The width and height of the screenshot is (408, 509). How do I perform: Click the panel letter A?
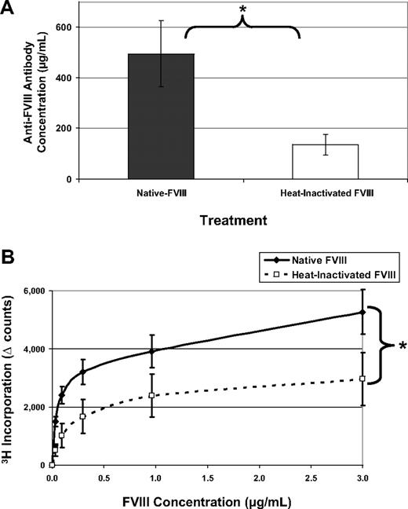(x=9, y=9)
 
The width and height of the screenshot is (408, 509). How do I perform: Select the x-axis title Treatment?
(x=228, y=222)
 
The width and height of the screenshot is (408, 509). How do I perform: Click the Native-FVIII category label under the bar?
(x=161, y=192)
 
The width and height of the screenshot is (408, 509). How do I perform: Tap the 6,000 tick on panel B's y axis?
(x=31, y=291)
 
